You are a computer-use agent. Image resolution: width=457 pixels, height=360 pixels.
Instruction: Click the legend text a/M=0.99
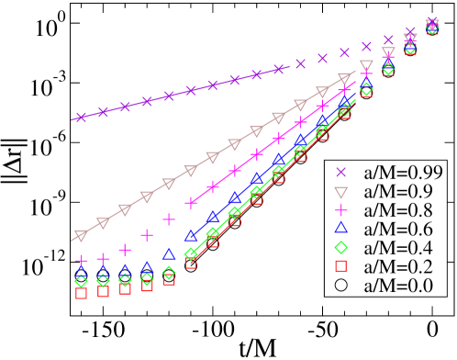tap(402, 173)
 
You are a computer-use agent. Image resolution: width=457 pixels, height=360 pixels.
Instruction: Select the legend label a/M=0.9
tap(398, 191)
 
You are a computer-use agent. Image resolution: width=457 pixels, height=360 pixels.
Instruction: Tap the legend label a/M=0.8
tap(398, 210)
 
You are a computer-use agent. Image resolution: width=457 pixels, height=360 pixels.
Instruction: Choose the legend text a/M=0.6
tap(398, 229)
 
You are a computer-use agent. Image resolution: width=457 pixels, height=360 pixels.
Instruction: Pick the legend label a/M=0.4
tap(398, 248)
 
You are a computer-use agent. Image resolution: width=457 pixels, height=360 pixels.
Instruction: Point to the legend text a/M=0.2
tap(398, 266)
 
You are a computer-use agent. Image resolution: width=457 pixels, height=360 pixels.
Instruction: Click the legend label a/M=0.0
tap(398, 286)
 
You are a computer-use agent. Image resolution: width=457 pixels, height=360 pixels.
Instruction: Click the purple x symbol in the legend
tap(340, 173)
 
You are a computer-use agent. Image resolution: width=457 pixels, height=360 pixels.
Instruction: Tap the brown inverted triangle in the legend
tap(340, 192)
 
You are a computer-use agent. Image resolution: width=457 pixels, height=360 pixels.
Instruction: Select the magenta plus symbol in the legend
tap(340, 210)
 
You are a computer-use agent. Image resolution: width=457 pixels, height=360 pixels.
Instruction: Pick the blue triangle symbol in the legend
tap(340, 229)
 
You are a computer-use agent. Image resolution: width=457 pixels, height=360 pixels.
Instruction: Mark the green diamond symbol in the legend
tap(340, 248)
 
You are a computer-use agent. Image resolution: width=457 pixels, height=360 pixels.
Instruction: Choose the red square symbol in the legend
tap(340, 266)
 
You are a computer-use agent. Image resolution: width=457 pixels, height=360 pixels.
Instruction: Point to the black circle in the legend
tap(340, 286)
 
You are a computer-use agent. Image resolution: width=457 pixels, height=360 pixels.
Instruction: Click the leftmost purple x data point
tap(81, 118)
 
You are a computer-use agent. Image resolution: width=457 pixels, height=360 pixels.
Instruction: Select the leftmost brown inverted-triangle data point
tap(81, 235)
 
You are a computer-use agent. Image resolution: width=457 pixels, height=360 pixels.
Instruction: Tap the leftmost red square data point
tap(81, 294)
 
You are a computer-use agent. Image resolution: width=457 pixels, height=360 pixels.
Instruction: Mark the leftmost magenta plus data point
tap(81, 261)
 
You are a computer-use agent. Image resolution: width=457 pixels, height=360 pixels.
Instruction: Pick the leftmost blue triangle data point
tap(81, 273)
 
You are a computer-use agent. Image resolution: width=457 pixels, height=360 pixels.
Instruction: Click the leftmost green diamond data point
tap(81, 281)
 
